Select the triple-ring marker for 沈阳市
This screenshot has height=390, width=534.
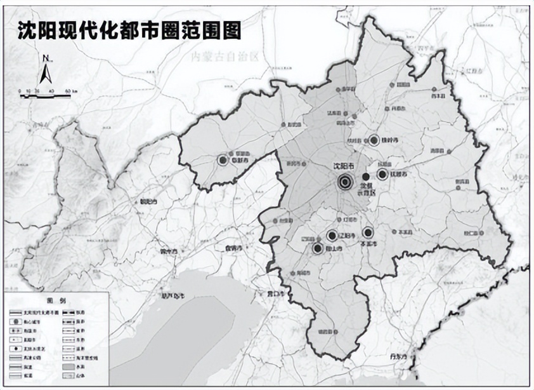(345, 182)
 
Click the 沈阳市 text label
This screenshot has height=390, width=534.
(344, 166)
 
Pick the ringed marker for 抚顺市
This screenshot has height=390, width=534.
(382, 174)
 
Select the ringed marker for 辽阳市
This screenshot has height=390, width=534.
(331, 236)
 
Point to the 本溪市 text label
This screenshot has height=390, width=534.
(368, 244)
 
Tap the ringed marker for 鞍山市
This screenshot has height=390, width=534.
(318, 248)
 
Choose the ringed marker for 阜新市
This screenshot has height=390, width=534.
(223, 161)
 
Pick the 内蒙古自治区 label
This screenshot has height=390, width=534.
(226, 57)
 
